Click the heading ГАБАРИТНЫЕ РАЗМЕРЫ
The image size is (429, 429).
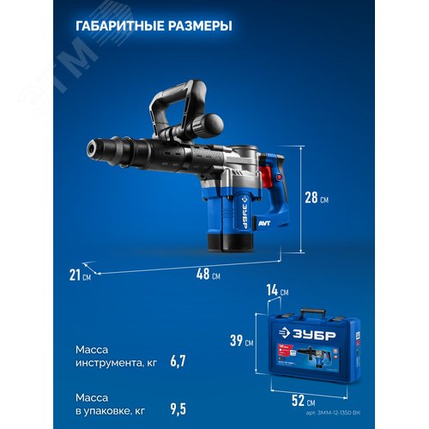[x=154, y=27]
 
